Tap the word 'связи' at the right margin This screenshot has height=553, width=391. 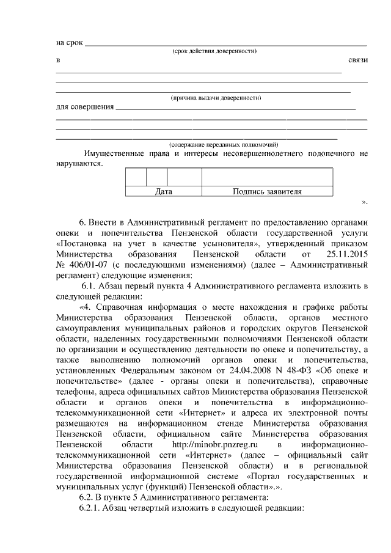pos(357,60)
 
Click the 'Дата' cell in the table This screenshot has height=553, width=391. pos(163,192)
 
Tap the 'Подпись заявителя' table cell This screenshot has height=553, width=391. pos(267,192)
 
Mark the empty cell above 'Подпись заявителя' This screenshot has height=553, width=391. pos(267,177)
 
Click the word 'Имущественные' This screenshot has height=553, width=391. pos(113,153)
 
